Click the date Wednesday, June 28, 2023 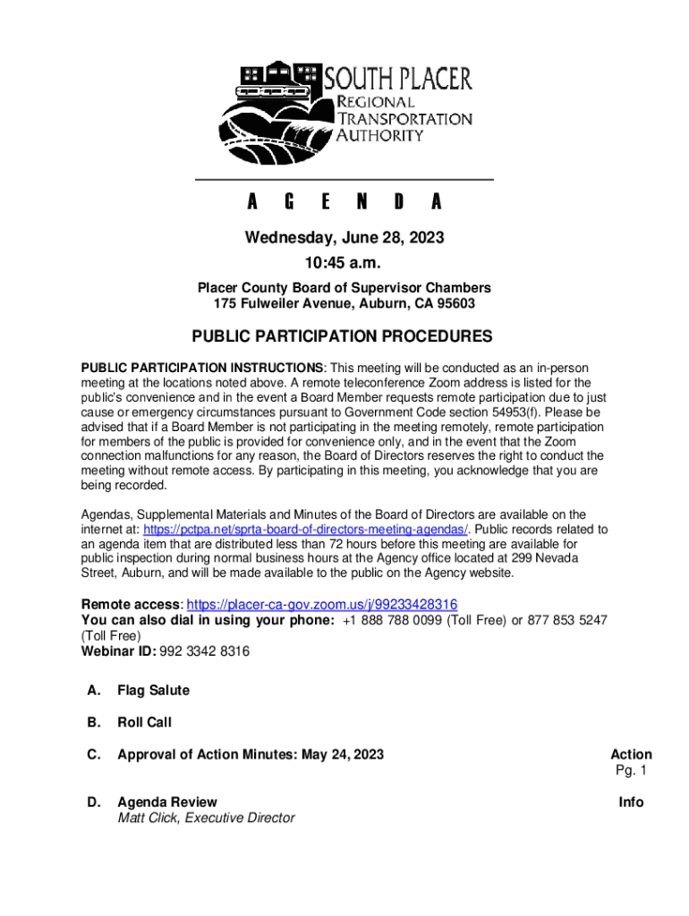344,238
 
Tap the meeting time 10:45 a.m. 344,264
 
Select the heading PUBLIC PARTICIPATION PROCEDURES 344,337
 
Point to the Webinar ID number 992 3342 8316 204,651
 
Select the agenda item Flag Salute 153,691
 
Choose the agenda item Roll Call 144,722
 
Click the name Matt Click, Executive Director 206,818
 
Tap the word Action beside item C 631,754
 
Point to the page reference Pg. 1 631,770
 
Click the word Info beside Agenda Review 631,802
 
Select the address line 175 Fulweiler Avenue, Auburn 344,304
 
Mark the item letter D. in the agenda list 93,802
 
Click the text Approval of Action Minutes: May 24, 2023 251,754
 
